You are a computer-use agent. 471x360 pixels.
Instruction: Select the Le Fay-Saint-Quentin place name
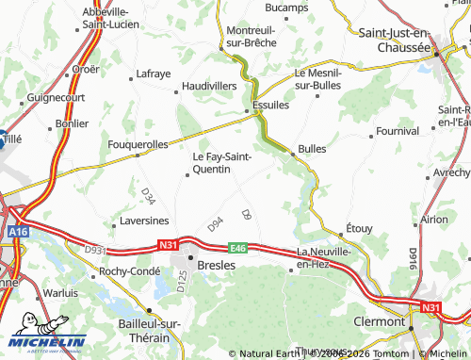pyautogui.click(x=221, y=163)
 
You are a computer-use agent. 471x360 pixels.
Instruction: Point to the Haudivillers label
pyautogui.click(x=208, y=85)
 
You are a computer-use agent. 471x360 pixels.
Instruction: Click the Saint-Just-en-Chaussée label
pyautogui.click(x=395, y=40)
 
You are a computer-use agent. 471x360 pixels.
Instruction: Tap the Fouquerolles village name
pyautogui.click(x=138, y=144)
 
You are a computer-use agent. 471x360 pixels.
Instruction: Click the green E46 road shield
pyautogui.click(x=236, y=248)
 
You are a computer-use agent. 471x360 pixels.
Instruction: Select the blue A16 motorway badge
pyautogui.click(x=19, y=229)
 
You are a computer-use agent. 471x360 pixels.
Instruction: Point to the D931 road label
pyautogui.click(x=96, y=251)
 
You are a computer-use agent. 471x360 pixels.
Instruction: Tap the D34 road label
pyautogui.click(x=148, y=196)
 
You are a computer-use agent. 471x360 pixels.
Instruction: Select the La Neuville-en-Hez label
pyautogui.click(x=324, y=258)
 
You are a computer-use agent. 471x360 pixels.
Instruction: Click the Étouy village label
pyautogui.click(x=360, y=227)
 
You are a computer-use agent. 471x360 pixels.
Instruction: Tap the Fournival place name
pyautogui.click(x=397, y=131)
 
